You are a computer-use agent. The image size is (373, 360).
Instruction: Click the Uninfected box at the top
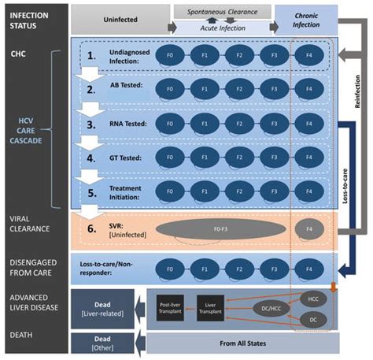click(x=118, y=17)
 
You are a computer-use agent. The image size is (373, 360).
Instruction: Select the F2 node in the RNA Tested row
click(x=235, y=124)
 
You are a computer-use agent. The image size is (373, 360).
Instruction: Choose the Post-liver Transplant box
click(x=171, y=310)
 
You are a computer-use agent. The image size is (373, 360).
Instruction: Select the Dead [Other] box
click(x=106, y=343)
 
